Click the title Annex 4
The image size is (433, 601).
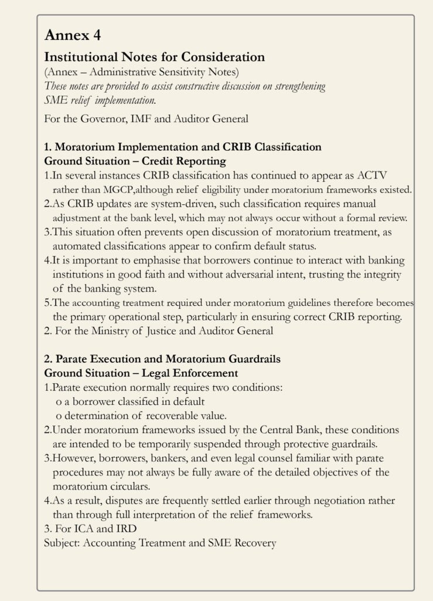pos(73,36)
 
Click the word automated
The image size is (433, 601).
pos(75,246)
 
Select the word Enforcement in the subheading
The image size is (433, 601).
pos(203,373)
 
